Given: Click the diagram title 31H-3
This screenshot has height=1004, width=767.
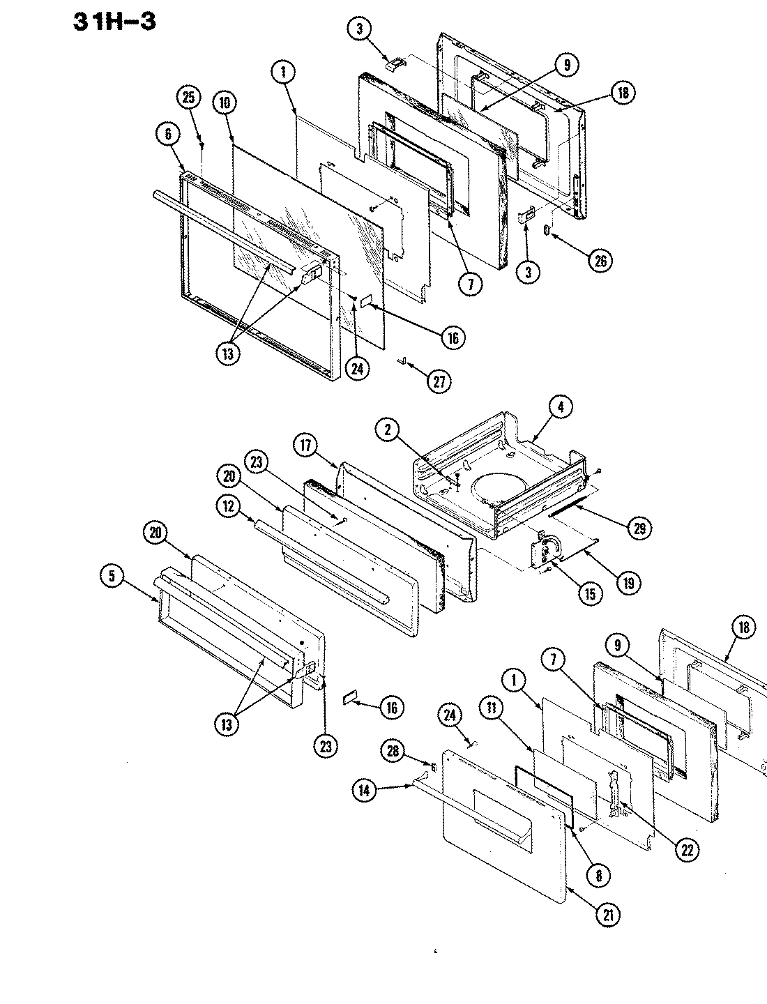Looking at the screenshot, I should pyautogui.click(x=114, y=21).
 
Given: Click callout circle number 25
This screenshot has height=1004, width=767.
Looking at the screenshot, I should pyautogui.click(x=188, y=98).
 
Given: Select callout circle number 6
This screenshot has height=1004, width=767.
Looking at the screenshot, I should pyautogui.click(x=168, y=135).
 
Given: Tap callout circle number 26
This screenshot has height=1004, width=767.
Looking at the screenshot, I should pyautogui.click(x=601, y=261).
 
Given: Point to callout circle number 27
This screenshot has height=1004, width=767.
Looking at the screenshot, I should pyautogui.click(x=440, y=381).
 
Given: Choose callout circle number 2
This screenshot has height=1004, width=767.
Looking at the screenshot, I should pyautogui.click(x=387, y=431).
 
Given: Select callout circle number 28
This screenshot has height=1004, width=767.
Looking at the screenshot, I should pyautogui.click(x=392, y=750).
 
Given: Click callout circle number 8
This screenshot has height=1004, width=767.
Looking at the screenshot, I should pyautogui.click(x=598, y=875).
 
